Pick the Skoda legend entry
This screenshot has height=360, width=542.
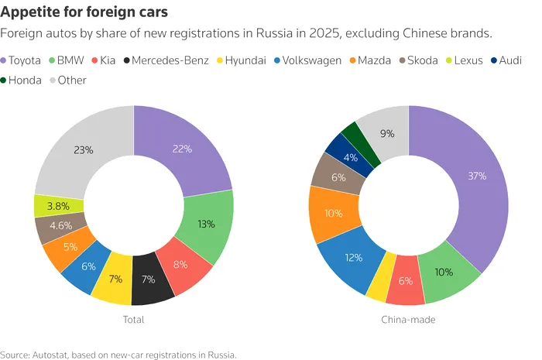(x=419, y=60)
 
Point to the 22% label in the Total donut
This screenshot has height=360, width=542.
(x=182, y=149)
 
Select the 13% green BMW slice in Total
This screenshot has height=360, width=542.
(x=206, y=224)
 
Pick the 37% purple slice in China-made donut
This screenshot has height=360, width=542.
(x=477, y=176)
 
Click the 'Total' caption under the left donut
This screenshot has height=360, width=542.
(x=133, y=320)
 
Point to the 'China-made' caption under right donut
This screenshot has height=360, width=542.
(x=408, y=320)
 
